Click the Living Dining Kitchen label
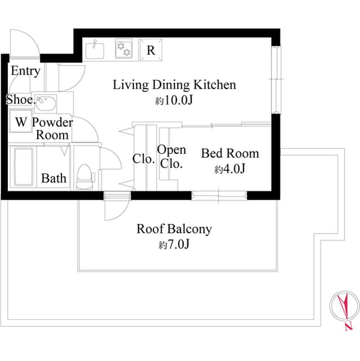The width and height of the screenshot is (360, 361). [x=174, y=85]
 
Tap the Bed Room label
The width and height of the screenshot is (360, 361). [x=230, y=153]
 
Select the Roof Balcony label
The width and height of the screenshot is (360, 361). [x=174, y=229]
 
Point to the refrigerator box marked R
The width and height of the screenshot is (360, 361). [x=151, y=50]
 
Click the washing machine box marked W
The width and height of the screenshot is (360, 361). [x=21, y=121]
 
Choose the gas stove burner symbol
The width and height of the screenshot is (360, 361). [x=124, y=49]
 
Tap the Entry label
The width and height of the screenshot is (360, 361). [x=25, y=71]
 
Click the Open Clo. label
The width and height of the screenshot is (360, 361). [x=171, y=157]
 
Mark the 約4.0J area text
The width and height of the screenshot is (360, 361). [x=229, y=169]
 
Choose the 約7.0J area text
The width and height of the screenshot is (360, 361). [x=174, y=245]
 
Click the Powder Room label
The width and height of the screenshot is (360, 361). [x=52, y=129]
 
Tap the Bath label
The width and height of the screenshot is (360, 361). [x=54, y=178]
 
